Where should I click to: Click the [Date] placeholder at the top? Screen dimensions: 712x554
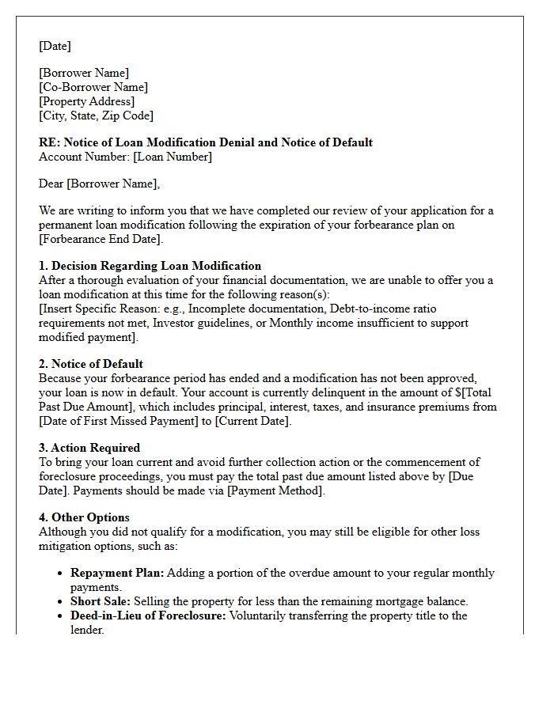point(55,46)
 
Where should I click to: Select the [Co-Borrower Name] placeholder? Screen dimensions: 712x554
point(93,87)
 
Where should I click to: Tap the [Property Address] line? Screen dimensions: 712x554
point(87,101)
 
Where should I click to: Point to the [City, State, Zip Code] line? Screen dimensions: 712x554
point(96,116)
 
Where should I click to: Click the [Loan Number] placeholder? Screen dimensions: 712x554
point(173,157)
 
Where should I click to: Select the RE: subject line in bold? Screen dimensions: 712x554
point(206,142)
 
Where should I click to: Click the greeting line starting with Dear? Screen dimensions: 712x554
point(99,184)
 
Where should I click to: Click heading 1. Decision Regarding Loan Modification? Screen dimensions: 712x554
point(150,266)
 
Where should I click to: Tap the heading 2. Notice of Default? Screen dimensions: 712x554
point(91,364)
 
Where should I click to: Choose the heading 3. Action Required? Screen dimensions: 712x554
point(89,448)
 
